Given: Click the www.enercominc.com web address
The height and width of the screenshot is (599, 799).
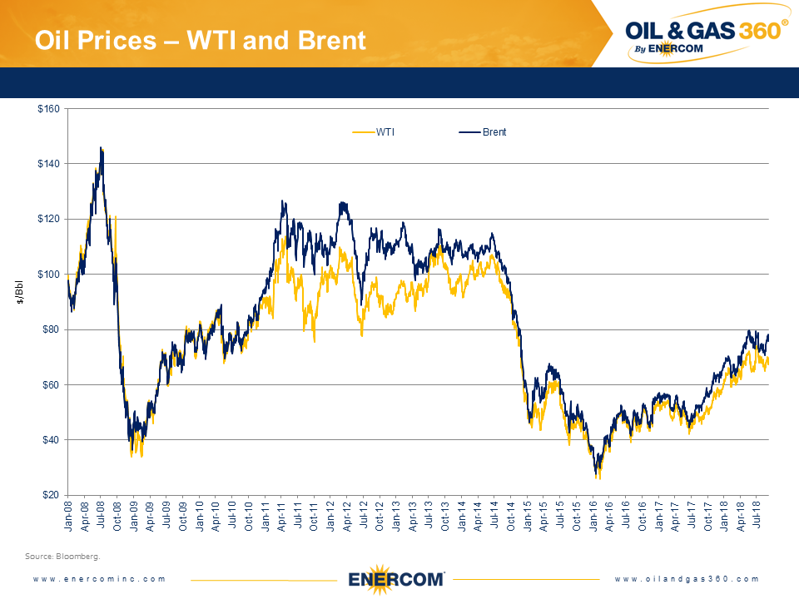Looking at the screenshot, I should [99, 579].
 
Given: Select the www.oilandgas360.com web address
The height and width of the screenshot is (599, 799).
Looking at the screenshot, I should [687, 579].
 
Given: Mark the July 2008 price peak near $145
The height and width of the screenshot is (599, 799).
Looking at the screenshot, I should [102, 149].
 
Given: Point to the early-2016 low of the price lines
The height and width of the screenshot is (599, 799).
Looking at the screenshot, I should [597, 476].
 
